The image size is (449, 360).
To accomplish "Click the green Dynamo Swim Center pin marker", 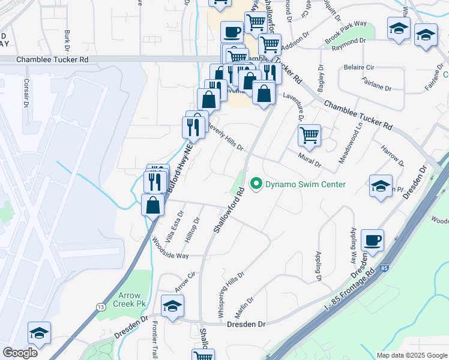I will point(257,184).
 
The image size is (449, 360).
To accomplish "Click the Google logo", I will point(20,352).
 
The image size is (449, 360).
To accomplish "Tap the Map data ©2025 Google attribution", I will point(412,355).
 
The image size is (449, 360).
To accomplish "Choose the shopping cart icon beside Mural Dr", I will point(309,135).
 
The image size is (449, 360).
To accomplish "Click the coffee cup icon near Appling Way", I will point(372,239).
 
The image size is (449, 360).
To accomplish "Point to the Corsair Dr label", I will point(26,97).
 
